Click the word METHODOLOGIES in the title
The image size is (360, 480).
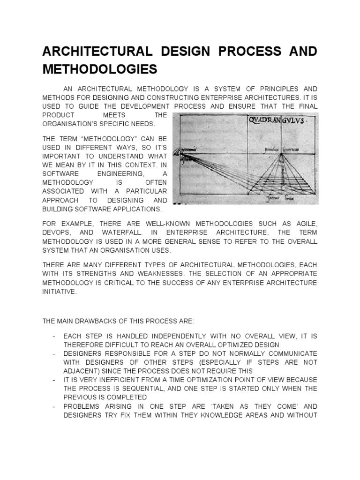click(x=99, y=69)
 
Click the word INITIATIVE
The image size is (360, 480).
click(x=59, y=291)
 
